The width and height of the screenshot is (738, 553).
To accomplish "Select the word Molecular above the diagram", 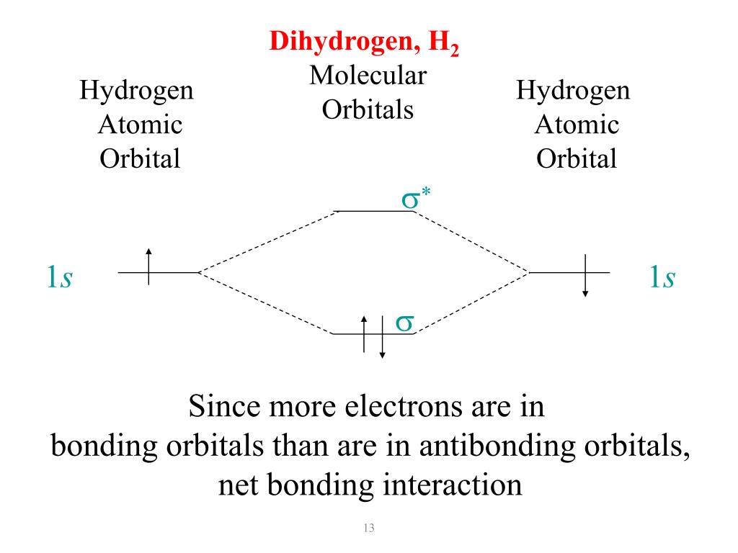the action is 368,76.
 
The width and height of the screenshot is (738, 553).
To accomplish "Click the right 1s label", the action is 662,277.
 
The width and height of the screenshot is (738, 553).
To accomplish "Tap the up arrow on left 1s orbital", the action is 148,266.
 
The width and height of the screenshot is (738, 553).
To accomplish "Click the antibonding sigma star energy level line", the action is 372,211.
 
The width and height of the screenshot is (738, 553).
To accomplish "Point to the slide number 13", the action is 370,530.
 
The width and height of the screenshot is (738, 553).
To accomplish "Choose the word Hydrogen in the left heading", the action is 136,91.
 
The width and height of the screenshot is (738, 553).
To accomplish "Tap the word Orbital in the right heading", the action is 577,158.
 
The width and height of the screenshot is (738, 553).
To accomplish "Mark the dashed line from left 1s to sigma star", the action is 267,242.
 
